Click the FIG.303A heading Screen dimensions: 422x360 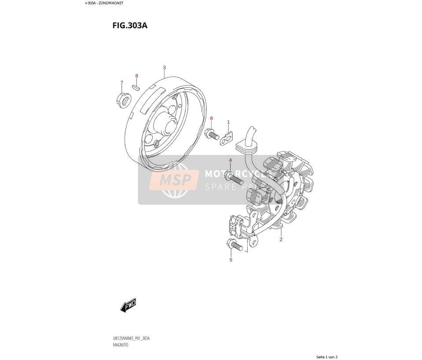(130, 26)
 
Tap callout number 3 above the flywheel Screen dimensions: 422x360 (164, 68)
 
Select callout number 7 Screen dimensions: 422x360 (122, 83)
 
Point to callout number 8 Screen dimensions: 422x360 (137, 76)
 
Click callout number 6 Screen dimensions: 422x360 (211, 118)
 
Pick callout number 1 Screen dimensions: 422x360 (228, 122)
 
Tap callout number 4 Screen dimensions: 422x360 (230, 161)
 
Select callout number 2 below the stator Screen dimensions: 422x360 (281, 239)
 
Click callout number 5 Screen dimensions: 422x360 (231, 260)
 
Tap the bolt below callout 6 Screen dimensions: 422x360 (212, 134)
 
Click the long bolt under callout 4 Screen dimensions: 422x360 (233, 178)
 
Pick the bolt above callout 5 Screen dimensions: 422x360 (235, 245)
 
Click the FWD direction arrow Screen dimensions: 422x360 (128, 305)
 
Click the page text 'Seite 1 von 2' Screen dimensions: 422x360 (327, 357)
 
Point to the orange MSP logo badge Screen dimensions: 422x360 (174, 180)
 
